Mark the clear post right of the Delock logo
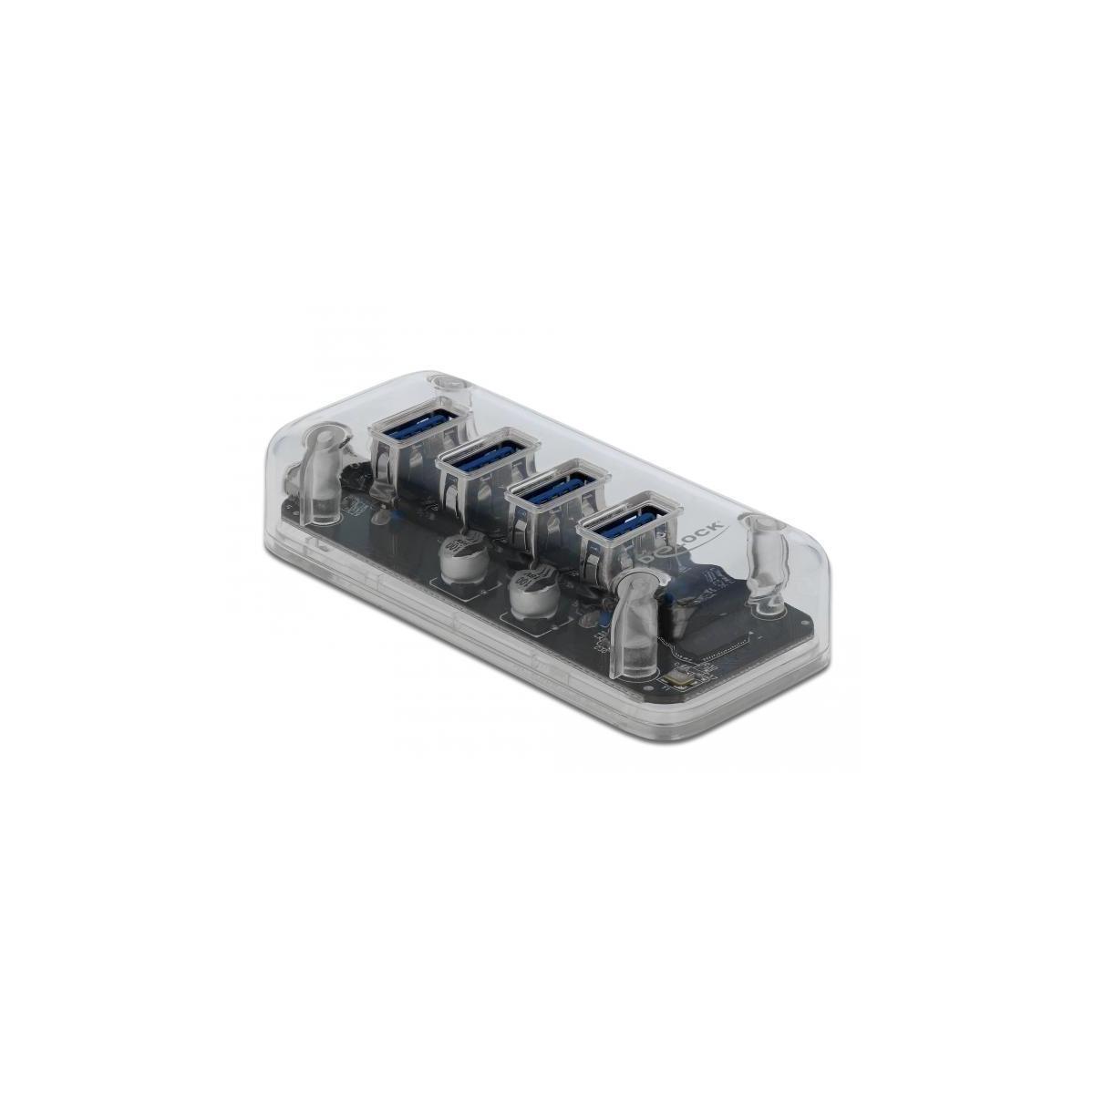[760, 556]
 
